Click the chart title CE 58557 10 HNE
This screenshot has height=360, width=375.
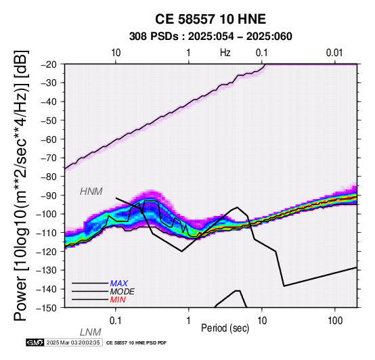[211, 19]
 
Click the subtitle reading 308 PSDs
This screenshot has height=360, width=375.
[154, 37]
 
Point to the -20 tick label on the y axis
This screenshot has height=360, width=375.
[49, 64]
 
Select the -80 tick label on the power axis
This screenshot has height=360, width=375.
[49, 177]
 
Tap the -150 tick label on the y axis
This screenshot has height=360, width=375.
[47, 308]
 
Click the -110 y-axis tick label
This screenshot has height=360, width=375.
[47, 233]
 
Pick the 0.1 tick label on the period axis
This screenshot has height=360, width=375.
[116, 321]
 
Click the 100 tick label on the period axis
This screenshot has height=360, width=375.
[335, 321]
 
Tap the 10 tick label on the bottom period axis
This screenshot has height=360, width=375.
[262, 321]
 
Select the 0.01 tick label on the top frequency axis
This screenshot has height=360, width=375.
[334, 53]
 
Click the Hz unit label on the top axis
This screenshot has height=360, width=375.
[225, 53]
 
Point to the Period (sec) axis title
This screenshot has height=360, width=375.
[225, 328]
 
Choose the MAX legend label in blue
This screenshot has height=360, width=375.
[119, 284]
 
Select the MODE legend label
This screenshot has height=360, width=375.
[123, 292]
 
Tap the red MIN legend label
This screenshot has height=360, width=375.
[118, 300]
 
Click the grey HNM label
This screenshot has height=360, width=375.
[91, 192]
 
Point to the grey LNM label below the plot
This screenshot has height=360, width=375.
[91, 332]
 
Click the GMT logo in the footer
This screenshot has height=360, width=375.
[35, 342]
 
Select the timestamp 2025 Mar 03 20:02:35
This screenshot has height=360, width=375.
[73, 342]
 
